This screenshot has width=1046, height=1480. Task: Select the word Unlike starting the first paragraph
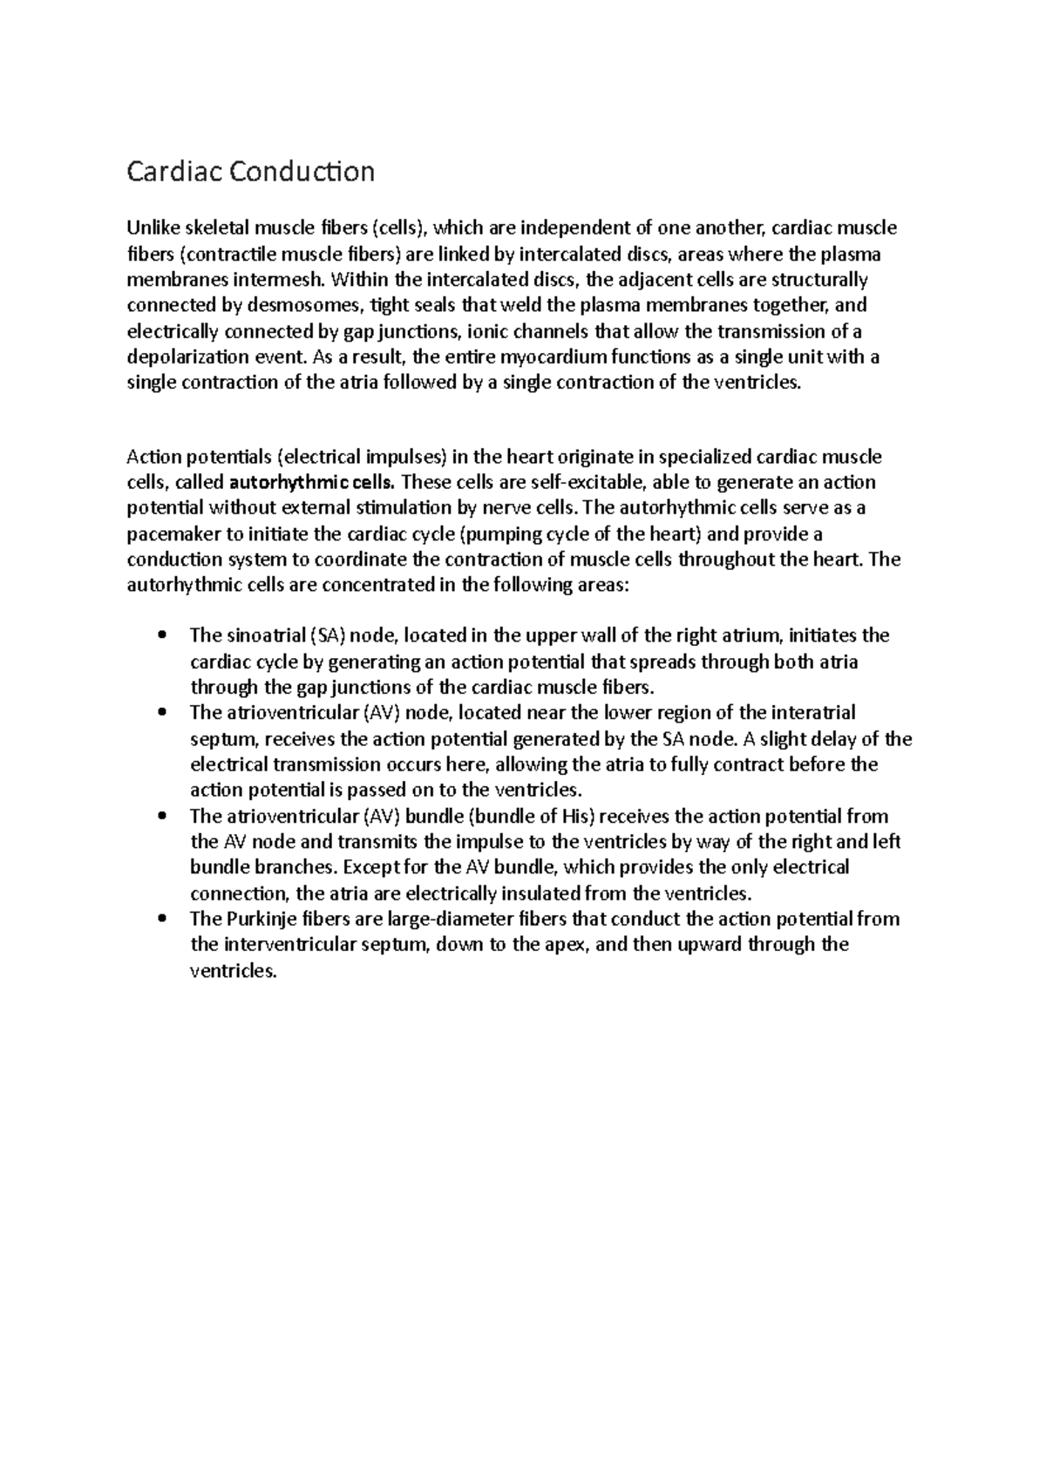point(153,228)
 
